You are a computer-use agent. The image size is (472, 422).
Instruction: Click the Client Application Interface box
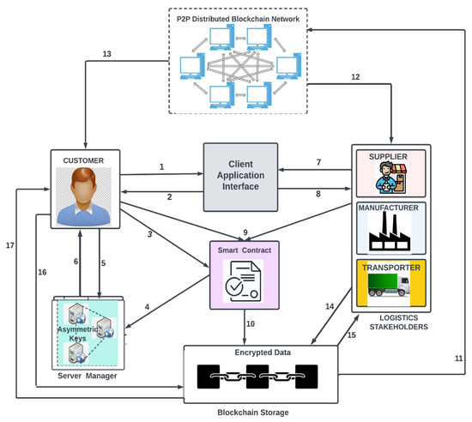click(239, 176)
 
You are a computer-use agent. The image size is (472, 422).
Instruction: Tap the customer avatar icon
click(83, 196)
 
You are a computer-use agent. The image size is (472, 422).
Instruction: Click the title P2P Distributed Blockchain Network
click(239, 18)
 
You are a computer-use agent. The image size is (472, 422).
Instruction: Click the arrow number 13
click(106, 54)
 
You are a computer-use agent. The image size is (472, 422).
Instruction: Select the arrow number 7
click(318, 162)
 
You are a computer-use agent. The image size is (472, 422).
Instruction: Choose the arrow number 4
click(147, 306)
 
